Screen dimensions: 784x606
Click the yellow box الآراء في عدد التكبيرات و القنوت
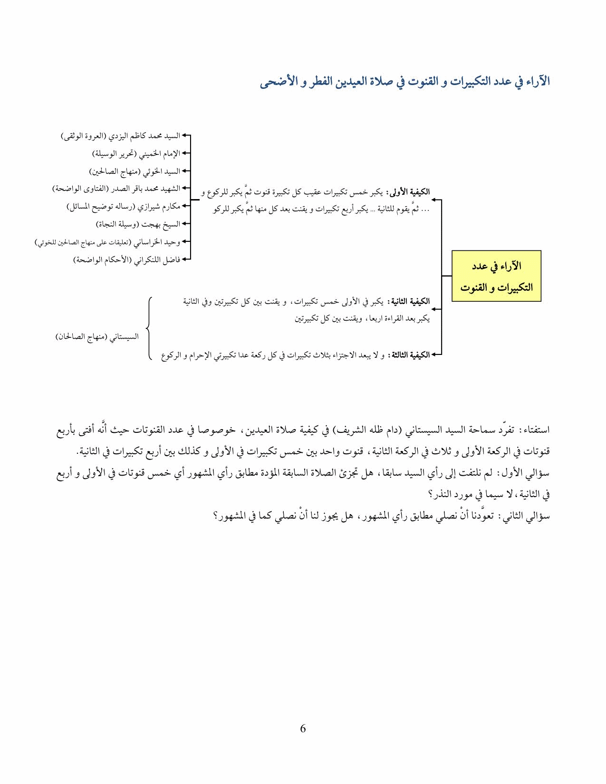point(496,276)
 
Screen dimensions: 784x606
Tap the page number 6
point(303,728)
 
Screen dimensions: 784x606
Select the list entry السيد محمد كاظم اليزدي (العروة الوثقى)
point(121,136)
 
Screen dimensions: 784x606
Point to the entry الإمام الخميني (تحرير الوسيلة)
point(136,153)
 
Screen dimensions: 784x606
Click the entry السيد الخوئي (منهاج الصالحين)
point(135,171)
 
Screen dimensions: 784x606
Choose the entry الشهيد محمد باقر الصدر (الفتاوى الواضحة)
point(116,189)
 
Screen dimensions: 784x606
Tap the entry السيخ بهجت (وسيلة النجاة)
point(138,224)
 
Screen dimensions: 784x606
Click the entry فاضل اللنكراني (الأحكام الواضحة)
point(126,260)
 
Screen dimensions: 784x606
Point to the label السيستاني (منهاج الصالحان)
point(97,337)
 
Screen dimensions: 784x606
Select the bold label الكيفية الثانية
point(408,302)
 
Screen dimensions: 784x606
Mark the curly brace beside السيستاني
point(149,328)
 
